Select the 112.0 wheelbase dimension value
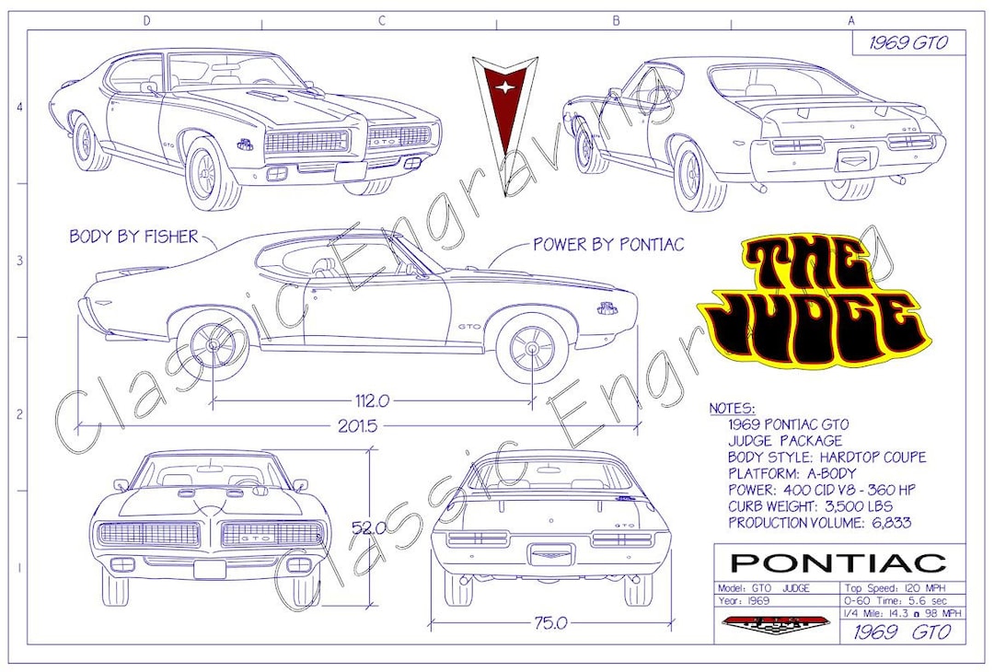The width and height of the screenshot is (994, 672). [373, 400]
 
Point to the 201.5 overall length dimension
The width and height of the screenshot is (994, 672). [358, 426]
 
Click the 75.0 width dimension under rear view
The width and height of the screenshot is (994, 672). [549, 623]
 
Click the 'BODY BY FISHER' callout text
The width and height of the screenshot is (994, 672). [133, 237]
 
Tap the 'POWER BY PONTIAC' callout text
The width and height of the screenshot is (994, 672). [608, 244]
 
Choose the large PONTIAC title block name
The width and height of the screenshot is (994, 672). [838, 562]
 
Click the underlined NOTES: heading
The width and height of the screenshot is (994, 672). [733, 408]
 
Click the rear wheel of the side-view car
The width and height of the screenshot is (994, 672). [213, 344]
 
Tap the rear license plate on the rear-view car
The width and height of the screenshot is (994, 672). [549, 555]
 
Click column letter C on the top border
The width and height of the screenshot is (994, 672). [379, 20]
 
